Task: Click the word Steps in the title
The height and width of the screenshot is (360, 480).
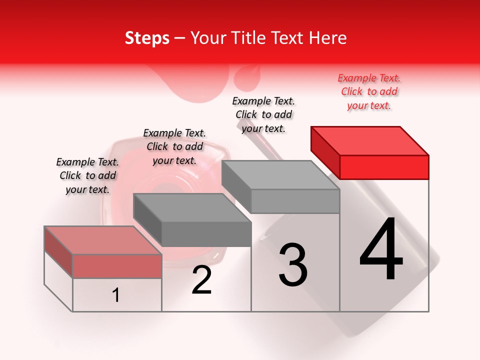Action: pos(147,38)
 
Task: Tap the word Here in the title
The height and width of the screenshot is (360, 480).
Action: pos(327,38)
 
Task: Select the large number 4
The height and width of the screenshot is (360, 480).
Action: pos(381,250)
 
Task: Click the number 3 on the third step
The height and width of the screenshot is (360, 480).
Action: pos(293,265)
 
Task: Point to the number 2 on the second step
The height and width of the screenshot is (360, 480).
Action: pos(201,280)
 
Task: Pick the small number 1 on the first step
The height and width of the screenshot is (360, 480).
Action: pos(116,295)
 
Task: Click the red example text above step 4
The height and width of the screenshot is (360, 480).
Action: pos(369,92)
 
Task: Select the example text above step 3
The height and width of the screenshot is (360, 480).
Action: pos(263,115)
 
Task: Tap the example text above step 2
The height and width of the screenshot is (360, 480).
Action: pos(174,146)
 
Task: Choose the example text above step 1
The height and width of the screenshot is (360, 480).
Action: pos(87,175)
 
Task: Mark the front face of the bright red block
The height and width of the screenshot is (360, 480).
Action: pos(384,167)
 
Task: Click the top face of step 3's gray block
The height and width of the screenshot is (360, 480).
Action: pos(280,175)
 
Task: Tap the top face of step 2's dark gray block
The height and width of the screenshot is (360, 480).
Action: pos(191,207)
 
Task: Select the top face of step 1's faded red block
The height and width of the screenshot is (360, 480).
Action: pos(102,240)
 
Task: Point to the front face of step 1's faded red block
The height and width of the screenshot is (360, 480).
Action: pos(117,266)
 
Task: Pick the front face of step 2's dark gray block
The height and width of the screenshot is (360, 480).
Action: pos(206,234)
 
